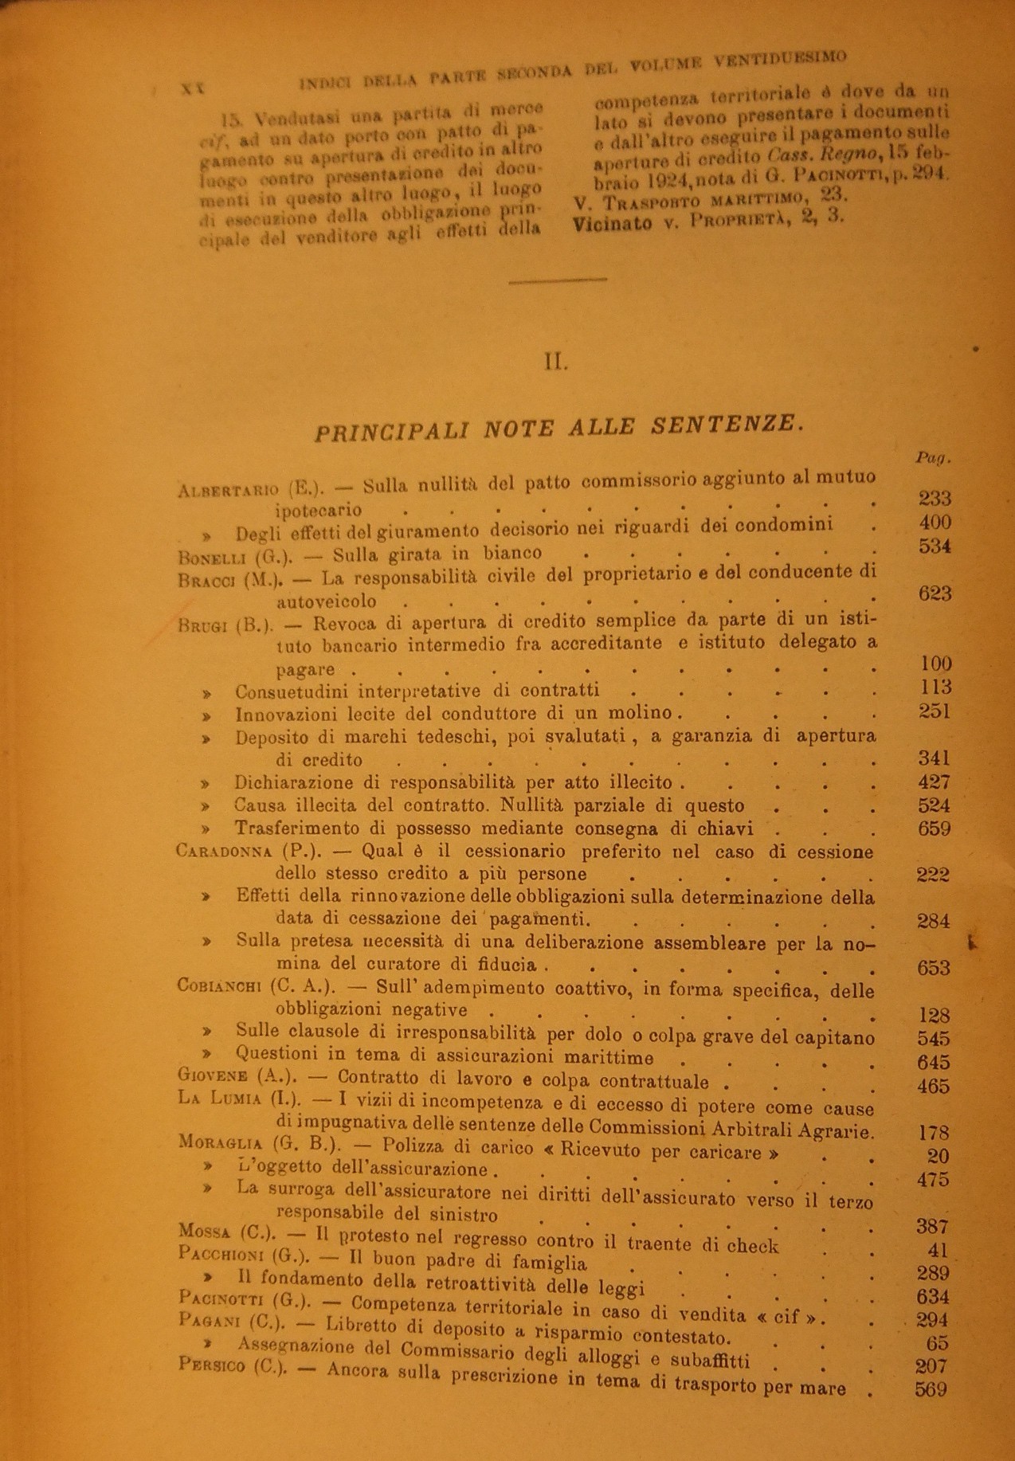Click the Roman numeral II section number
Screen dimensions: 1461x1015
point(556,362)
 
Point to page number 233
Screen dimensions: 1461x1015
point(935,499)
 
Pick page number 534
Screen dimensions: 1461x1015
point(935,546)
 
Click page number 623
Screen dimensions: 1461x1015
point(935,593)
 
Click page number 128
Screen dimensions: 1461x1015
point(934,1016)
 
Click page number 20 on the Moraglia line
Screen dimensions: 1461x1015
point(939,1156)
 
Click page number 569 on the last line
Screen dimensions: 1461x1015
point(931,1390)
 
